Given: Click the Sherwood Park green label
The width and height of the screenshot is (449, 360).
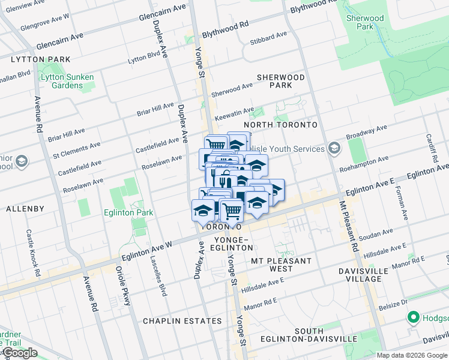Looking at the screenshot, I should tap(365, 22).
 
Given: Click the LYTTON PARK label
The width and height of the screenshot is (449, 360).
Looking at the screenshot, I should tap(40, 59).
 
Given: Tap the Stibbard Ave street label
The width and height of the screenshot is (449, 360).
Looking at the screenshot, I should tap(268, 38).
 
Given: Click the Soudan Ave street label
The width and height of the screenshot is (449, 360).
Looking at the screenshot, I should tap(376, 232).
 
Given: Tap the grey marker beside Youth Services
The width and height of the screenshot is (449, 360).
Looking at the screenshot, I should tap(334, 148).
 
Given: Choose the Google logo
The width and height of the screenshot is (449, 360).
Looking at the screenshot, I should tap(20, 353).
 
